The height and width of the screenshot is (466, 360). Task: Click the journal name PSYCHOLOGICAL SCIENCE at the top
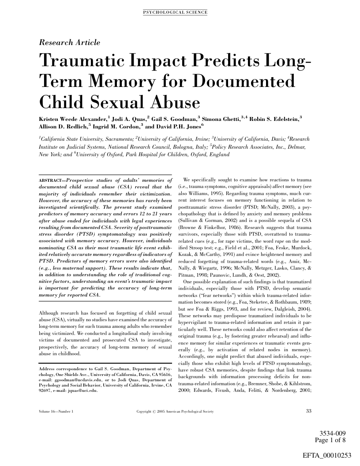click(x=175, y=12)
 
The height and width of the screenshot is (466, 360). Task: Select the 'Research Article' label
click(x=70, y=43)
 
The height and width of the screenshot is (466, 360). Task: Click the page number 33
click(x=308, y=411)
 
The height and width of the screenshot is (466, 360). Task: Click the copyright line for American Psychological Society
click(x=175, y=412)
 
